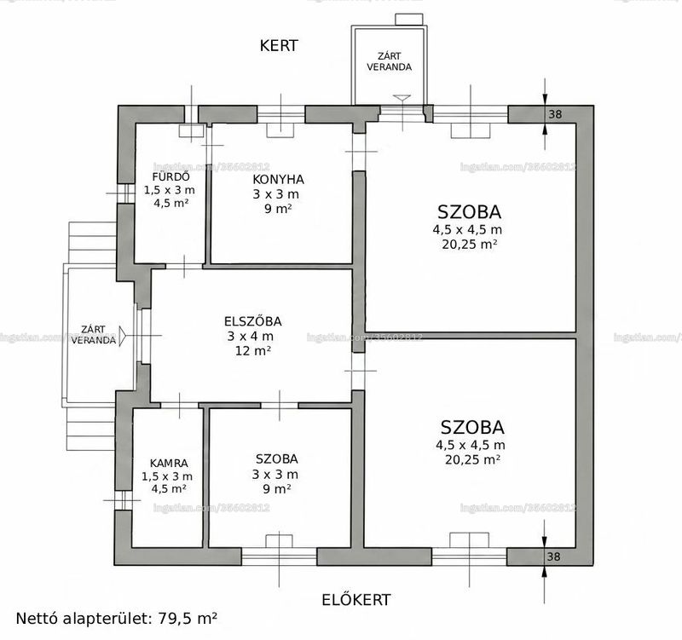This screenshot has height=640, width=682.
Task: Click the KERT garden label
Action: [279, 46]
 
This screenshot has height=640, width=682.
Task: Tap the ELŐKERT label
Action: [355, 600]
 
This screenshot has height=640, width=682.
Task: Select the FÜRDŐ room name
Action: [171, 177]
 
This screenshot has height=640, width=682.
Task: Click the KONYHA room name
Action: [278, 180]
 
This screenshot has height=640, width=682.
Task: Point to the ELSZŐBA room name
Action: [252, 321]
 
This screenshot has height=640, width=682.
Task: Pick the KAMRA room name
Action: [169, 464]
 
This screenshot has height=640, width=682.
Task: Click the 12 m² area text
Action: [253, 350]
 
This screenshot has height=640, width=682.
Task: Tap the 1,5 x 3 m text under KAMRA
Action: [167, 476]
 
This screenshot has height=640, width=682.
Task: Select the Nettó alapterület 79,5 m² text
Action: [117, 618]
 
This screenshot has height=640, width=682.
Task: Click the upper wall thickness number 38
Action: [555, 114]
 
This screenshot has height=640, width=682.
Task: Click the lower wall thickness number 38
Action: [553, 556]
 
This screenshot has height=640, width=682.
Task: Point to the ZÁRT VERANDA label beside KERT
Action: [389, 61]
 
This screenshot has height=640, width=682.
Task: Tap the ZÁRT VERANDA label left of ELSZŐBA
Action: [94, 335]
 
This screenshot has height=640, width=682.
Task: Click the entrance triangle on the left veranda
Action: [122, 337]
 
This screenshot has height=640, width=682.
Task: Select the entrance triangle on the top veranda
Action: [402, 98]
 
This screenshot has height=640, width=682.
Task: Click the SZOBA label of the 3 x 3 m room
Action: [276, 459]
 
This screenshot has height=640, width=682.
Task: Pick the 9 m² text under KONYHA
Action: [278, 209]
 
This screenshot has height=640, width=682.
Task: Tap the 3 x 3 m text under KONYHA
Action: [275, 194]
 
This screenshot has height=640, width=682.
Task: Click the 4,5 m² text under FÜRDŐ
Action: [171, 203]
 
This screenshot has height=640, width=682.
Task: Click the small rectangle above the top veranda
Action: [409, 19]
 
